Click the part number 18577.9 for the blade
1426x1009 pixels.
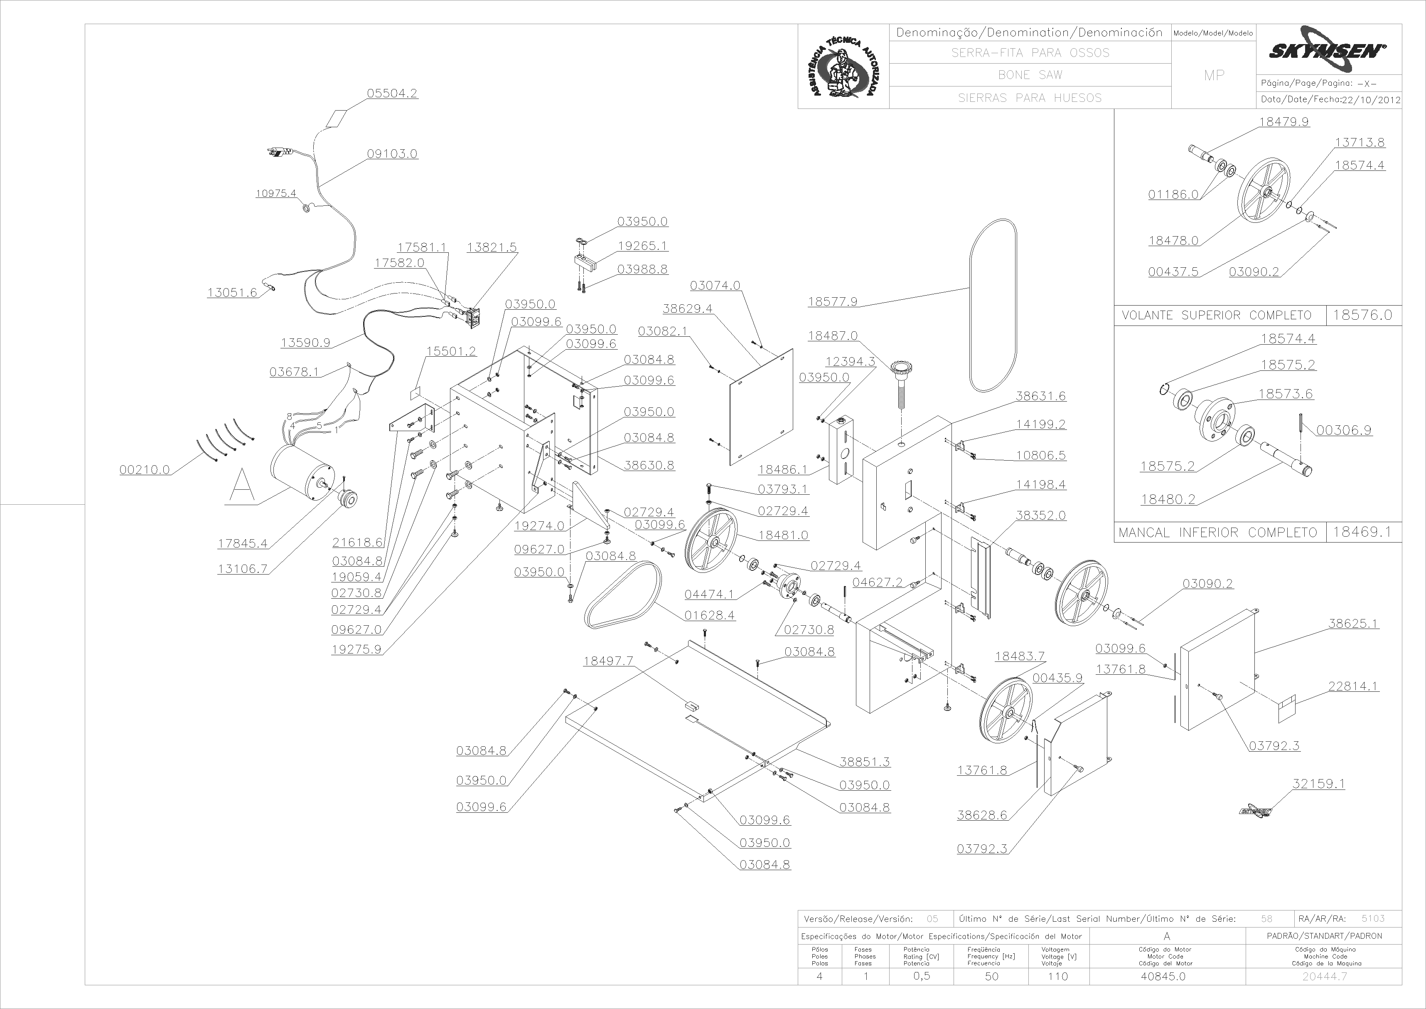pos(833,302)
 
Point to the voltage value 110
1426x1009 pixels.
pos(1058,976)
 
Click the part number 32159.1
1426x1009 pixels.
pos(1318,784)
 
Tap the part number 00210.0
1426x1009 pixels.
pos(145,470)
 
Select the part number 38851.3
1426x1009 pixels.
pos(865,762)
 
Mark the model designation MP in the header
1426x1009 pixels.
pos(1214,76)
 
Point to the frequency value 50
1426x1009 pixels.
pos(991,976)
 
